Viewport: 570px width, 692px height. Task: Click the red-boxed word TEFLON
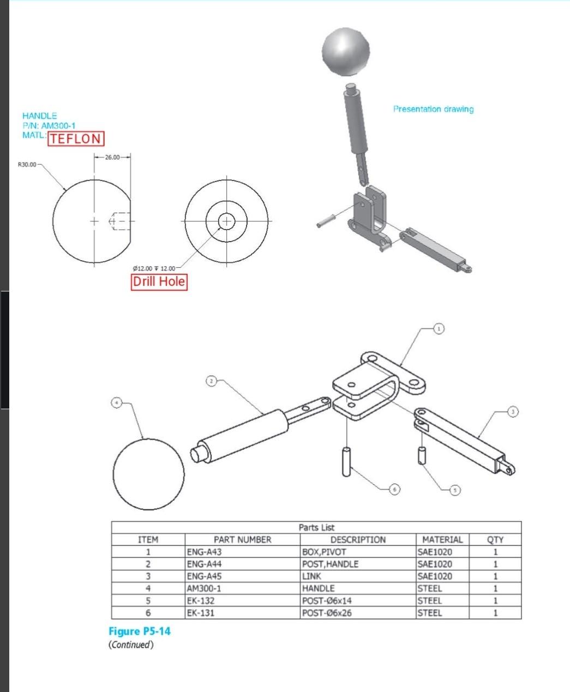pyautogui.click(x=76, y=139)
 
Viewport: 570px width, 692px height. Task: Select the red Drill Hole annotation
pyautogui.click(x=159, y=282)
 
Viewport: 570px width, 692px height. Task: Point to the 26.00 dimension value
pyautogui.click(x=112, y=157)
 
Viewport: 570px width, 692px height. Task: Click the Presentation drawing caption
pyautogui.click(x=433, y=109)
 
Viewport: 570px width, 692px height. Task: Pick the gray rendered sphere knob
pyautogui.click(x=346, y=53)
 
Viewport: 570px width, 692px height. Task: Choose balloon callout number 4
pyautogui.click(x=116, y=402)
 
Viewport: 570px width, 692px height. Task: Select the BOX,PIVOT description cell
pyautogui.click(x=324, y=551)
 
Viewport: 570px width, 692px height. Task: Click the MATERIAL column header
pyautogui.click(x=442, y=539)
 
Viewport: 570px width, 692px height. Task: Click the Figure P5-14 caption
pyautogui.click(x=140, y=631)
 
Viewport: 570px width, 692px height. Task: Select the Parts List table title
pyautogui.click(x=316, y=527)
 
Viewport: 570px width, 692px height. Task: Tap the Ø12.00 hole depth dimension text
pyautogui.click(x=154, y=268)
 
